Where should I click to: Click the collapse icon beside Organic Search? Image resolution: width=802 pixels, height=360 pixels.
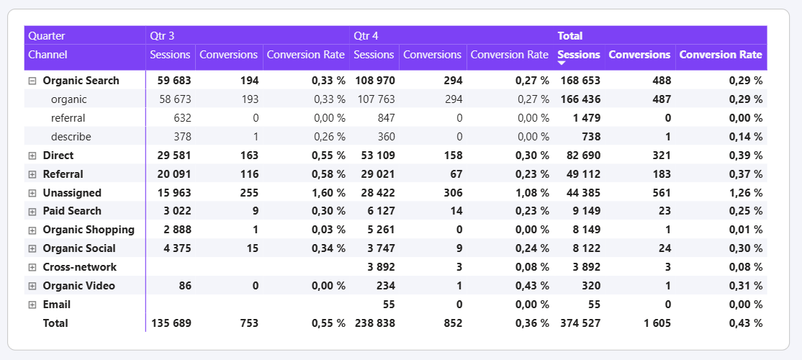[x=32, y=81]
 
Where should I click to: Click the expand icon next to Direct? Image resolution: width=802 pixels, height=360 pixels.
[x=32, y=156]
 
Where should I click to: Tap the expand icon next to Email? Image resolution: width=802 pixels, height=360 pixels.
[x=32, y=305]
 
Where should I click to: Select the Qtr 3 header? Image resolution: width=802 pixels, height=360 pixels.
[x=162, y=35]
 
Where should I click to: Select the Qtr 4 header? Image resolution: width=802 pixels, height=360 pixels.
[x=366, y=35]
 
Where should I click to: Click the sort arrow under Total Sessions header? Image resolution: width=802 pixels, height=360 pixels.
[x=562, y=64]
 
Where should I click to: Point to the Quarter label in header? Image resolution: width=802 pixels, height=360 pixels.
[x=47, y=35]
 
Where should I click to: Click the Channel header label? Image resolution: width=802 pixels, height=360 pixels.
[x=48, y=55]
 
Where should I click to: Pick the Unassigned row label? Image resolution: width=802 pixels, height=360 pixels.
[x=72, y=193]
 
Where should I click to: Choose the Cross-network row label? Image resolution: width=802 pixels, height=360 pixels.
[x=79, y=267]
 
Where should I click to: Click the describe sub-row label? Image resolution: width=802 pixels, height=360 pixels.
[x=71, y=137]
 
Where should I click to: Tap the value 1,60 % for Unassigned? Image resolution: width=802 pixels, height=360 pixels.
[x=328, y=193]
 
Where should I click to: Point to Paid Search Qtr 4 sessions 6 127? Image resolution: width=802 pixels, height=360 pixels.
[x=379, y=211]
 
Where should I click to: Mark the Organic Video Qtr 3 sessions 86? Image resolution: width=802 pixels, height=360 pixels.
[x=184, y=286]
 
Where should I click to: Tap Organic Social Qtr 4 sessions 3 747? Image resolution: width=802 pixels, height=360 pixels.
[x=379, y=248]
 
